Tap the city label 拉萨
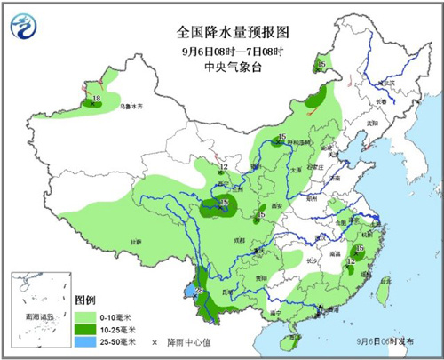point(136,241)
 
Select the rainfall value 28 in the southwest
point(200,291)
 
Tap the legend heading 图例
point(85,300)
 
